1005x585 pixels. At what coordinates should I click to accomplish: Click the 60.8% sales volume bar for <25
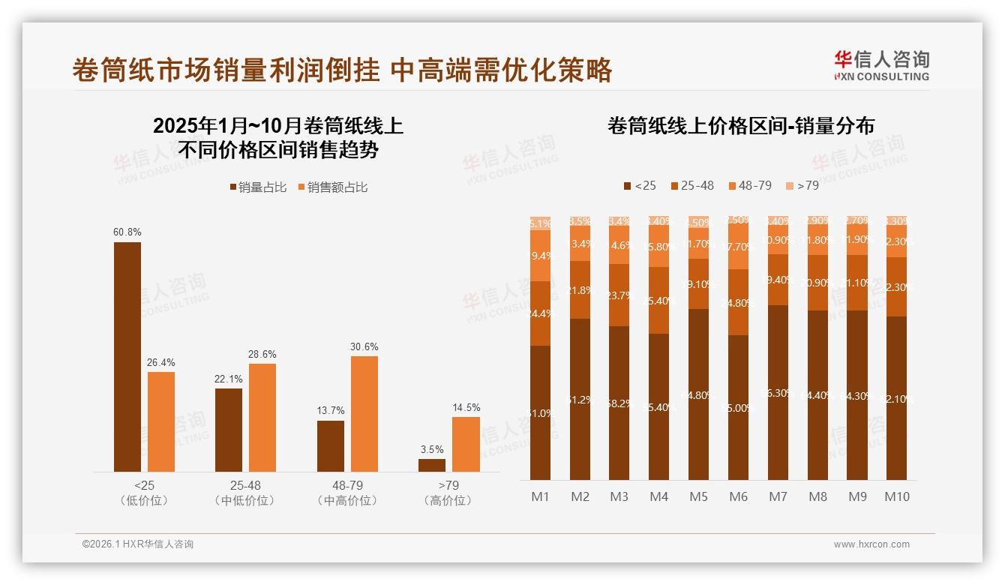(127, 357)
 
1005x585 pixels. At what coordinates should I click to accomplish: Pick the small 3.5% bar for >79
(432, 465)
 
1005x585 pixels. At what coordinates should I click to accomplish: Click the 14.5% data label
(466, 407)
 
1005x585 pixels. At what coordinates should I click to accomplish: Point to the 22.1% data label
(229, 379)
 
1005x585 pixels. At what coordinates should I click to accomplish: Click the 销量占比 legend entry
(258, 187)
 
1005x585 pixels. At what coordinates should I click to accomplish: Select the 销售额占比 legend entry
(332, 187)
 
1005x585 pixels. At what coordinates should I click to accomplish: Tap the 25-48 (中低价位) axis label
(245, 493)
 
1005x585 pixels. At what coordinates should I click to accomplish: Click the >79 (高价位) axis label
(448, 493)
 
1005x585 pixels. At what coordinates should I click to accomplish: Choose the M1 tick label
(541, 496)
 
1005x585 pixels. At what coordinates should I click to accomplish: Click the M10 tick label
(897, 496)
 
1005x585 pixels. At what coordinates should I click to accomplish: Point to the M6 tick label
(739, 496)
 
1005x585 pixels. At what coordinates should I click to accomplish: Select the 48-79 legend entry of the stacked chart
(749, 185)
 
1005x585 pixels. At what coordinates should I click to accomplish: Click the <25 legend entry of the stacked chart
(639, 185)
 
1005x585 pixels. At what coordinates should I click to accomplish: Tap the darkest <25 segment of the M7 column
(778, 392)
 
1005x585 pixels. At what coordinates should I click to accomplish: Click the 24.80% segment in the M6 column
(739, 302)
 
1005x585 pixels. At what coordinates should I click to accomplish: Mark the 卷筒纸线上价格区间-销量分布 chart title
(741, 126)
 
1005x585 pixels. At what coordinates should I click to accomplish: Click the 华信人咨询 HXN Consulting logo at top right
(881, 66)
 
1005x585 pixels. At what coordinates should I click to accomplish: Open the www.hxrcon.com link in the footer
(871, 544)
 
